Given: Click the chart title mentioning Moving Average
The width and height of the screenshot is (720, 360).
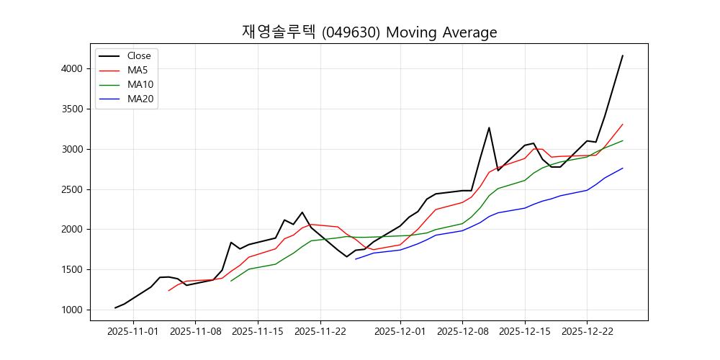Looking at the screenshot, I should [x=369, y=32].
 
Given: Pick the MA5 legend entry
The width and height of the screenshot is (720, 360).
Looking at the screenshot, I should [x=138, y=70].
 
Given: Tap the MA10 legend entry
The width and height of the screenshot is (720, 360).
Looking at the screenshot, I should [x=140, y=84].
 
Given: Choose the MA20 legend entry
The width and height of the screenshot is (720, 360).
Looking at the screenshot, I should [x=140, y=99].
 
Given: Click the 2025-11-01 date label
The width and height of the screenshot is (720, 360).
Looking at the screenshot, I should [x=133, y=332].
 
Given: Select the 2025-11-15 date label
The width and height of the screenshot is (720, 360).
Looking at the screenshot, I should [x=258, y=332].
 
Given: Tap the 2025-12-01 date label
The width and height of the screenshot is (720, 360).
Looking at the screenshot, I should [x=400, y=332].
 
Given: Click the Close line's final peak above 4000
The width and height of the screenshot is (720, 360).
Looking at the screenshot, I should [x=622, y=56].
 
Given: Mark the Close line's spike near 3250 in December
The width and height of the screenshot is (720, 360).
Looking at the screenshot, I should [x=489, y=128].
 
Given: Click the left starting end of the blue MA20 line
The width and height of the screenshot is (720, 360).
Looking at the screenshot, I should [x=356, y=259].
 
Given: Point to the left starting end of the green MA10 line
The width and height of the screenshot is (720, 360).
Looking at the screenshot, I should [x=231, y=281].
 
